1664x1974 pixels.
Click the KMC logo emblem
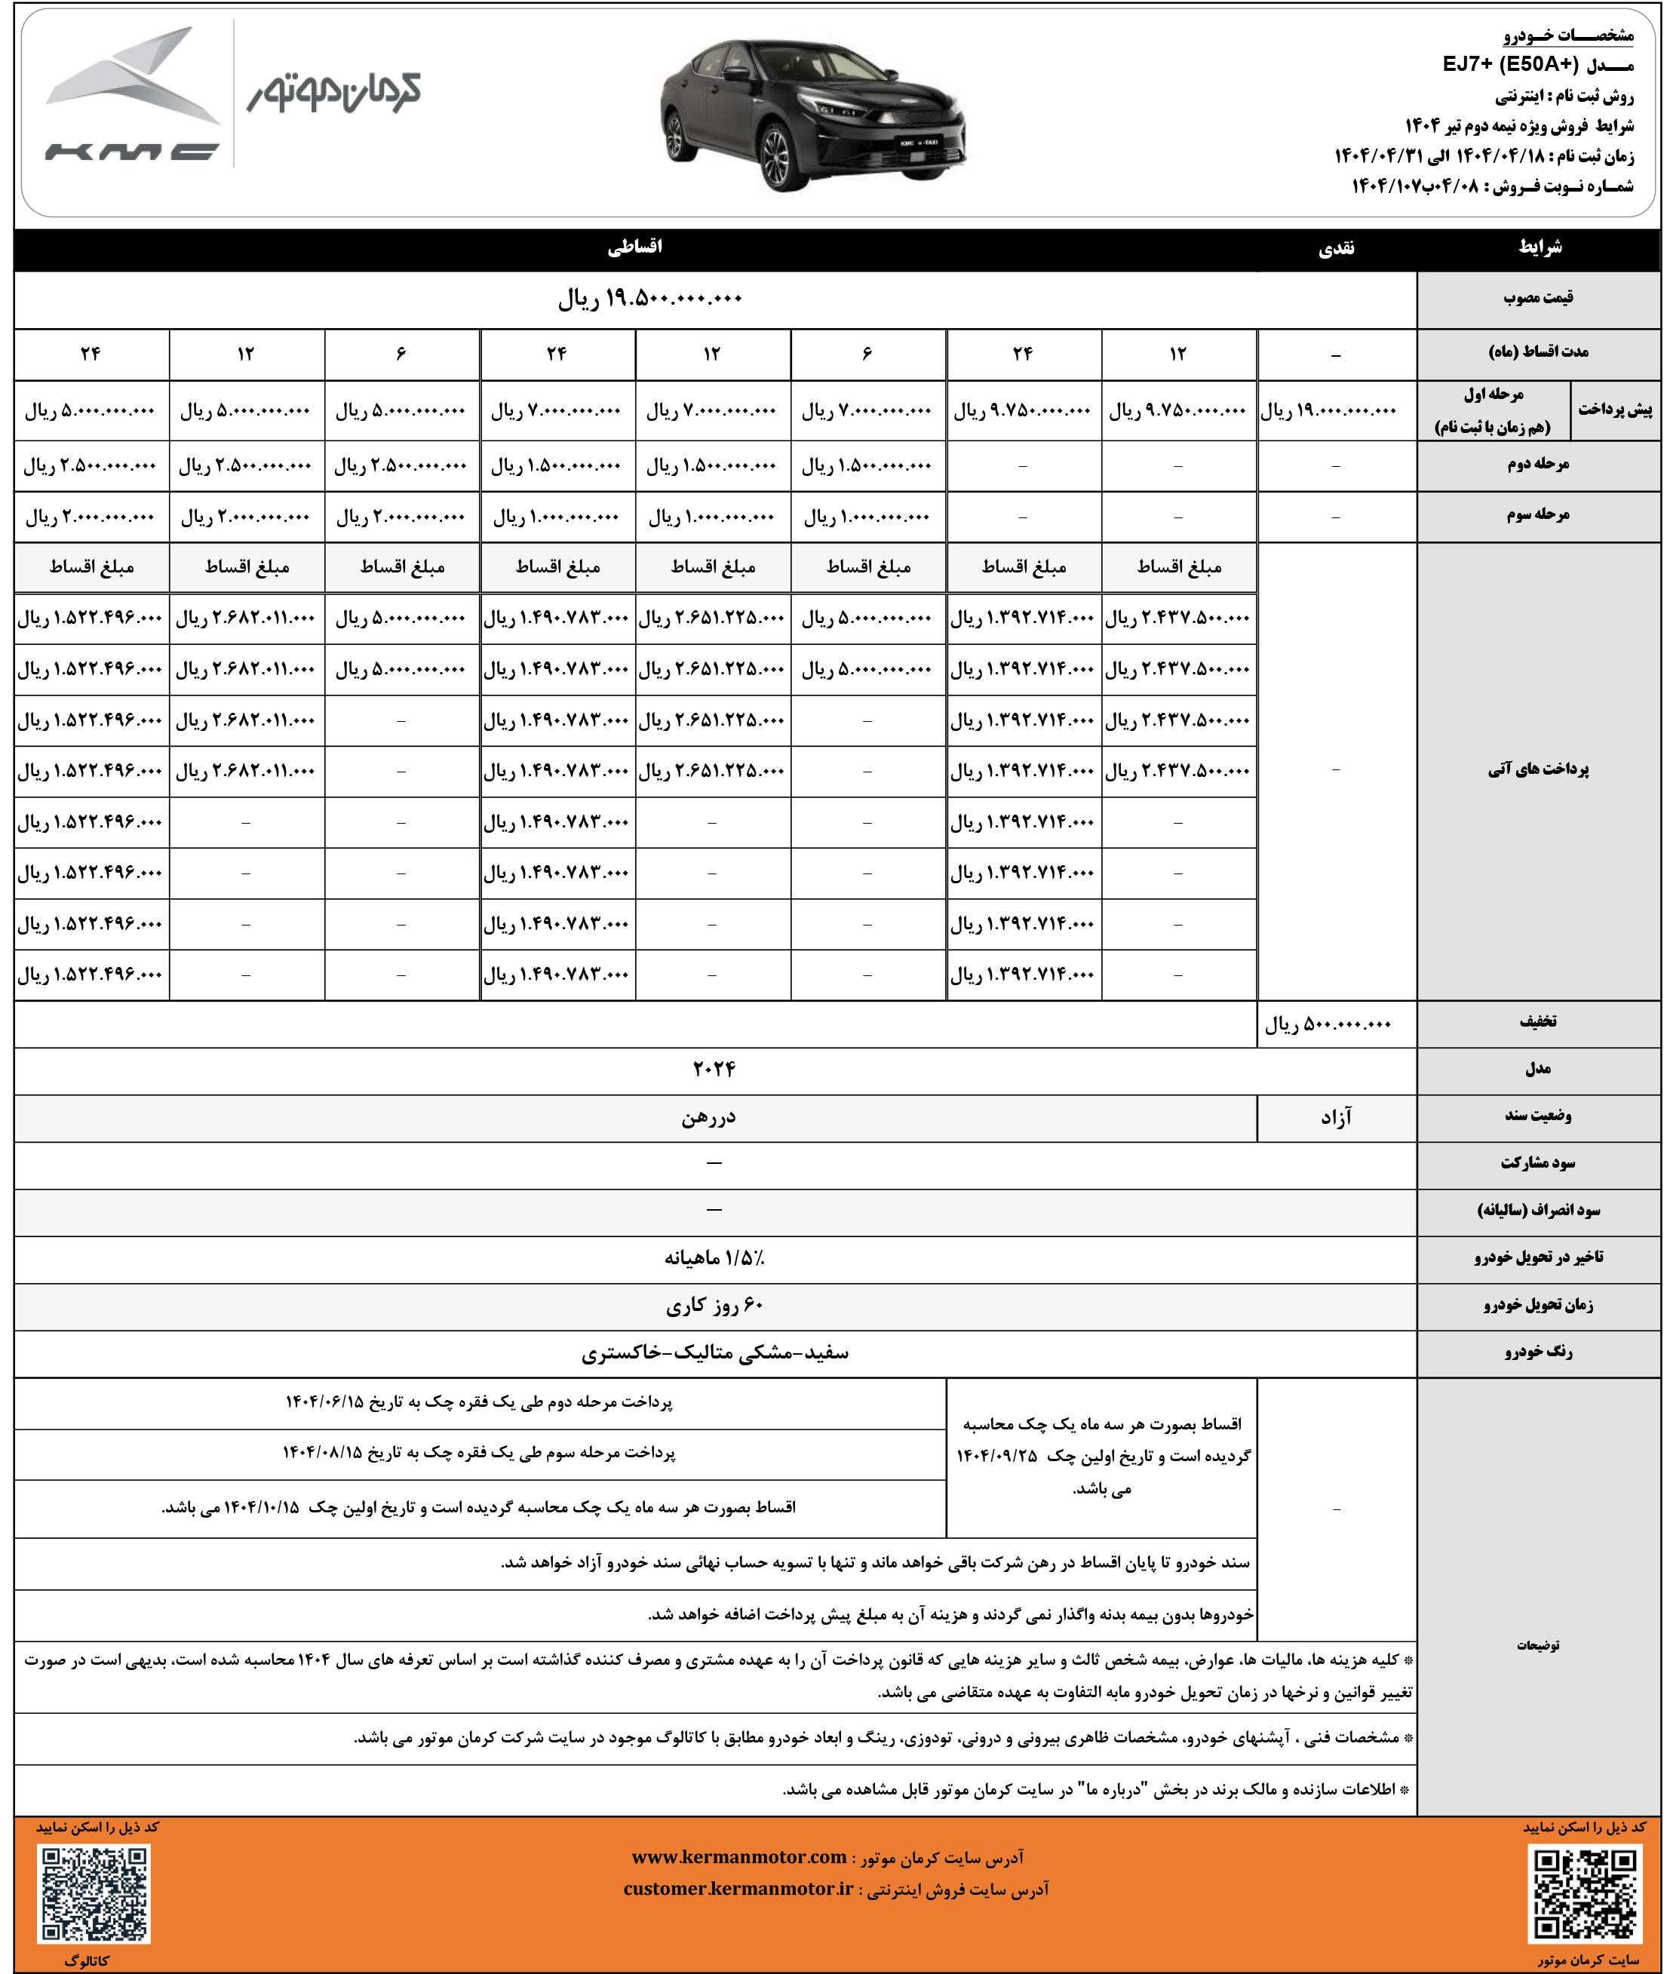click(x=132, y=94)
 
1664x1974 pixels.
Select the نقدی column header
click(x=1336, y=248)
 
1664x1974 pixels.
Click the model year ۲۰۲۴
click(x=714, y=1069)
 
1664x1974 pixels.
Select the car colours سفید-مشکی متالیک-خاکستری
click(x=714, y=1353)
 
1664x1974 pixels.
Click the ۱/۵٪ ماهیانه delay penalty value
click(x=714, y=1258)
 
